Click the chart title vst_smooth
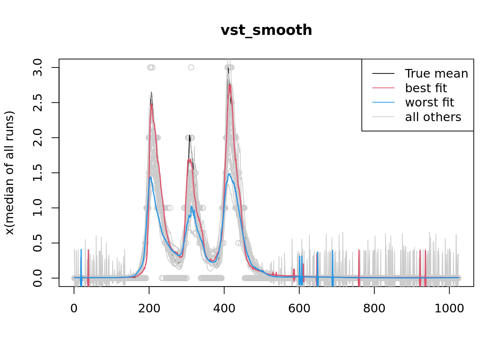(266, 30)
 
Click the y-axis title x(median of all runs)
(9, 173)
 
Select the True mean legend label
(436, 73)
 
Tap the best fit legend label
(426, 88)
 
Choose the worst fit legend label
(429, 102)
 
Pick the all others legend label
(433, 117)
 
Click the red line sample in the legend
(383, 88)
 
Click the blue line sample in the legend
(383, 102)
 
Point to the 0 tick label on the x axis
(74, 308)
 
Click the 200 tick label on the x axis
(149, 308)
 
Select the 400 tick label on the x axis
(224, 308)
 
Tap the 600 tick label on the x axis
(299, 308)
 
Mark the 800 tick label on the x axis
(374, 308)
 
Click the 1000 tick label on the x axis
(449, 308)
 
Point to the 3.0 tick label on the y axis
(37, 67)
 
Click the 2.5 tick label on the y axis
(37, 102)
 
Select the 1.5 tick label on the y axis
(37, 173)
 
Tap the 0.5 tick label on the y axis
(37, 243)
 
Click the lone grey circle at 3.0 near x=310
(191, 67)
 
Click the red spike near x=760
(359, 262)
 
